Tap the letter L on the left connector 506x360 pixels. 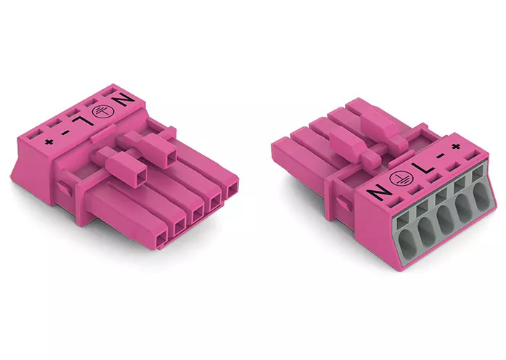point(83,120)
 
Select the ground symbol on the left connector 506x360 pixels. point(99,110)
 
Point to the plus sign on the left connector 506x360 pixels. point(49,142)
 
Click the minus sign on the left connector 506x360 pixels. point(65,132)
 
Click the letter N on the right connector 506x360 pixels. point(380,193)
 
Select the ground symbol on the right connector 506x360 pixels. point(399,179)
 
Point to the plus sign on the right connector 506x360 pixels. point(455,147)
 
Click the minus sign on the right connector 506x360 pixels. point(439,156)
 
